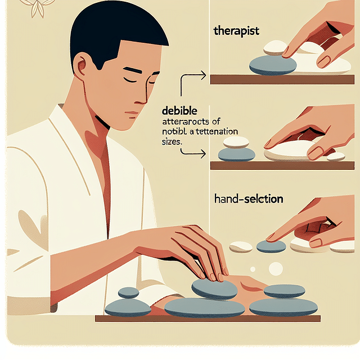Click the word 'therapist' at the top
(x=236, y=31)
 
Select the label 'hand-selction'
(x=249, y=199)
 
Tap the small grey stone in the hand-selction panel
(x=271, y=246)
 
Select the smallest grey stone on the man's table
(x=128, y=292)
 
